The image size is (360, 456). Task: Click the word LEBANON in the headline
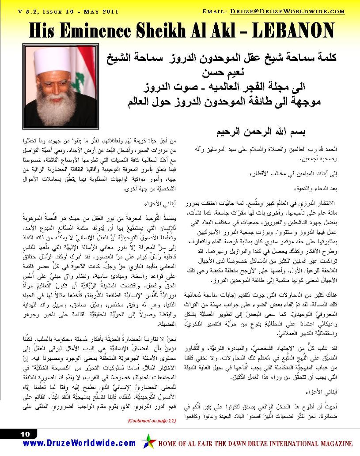pyautogui.click(x=296, y=30)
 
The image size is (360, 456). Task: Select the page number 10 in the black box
pyautogui.click(x=25, y=434)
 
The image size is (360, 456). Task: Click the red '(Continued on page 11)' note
pyautogui.click(x=152, y=421)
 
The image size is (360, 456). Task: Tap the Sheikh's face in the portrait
pyautogui.click(x=56, y=85)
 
